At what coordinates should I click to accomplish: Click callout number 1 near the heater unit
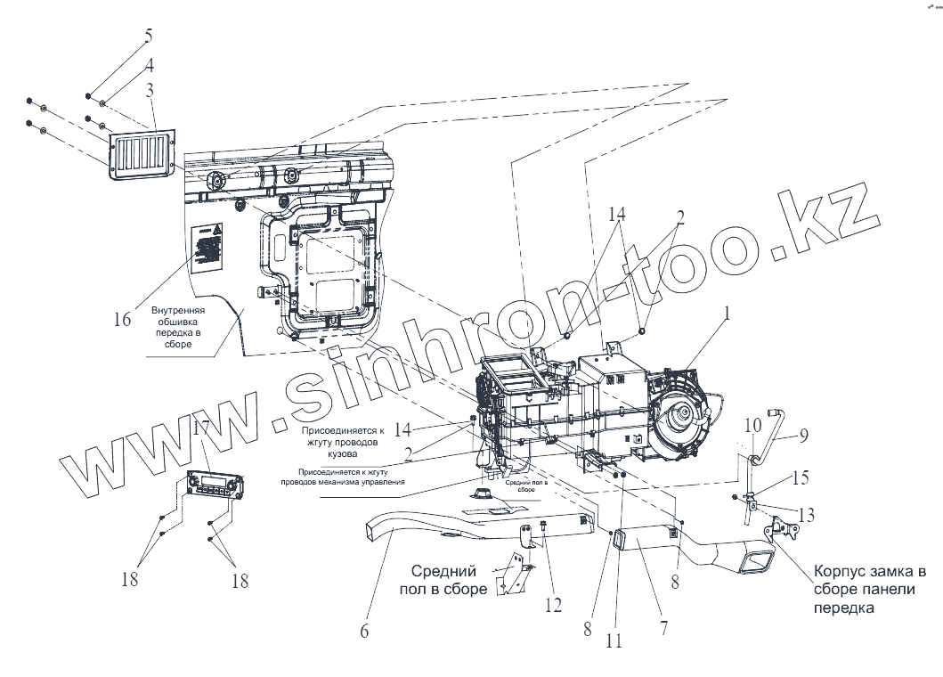(728, 314)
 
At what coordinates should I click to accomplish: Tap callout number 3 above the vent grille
(150, 90)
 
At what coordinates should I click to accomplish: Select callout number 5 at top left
(149, 37)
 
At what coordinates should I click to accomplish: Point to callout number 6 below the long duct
(363, 631)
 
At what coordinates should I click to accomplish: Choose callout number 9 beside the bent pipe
(803, 436)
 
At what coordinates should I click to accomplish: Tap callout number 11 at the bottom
(614, 640)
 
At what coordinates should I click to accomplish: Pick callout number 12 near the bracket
(554, 605)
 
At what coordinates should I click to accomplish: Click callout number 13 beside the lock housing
(807, 515)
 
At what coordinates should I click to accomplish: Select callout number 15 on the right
(801, 478)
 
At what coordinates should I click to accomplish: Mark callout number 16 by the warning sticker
(122, 318)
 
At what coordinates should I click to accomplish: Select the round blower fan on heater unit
(684, 412)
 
